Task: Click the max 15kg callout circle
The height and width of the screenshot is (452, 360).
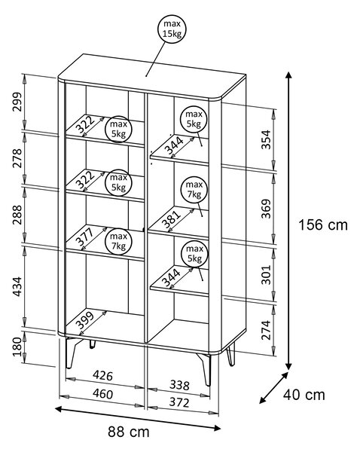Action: coord(172,29)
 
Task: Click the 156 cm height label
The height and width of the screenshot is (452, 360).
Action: coord(323,224)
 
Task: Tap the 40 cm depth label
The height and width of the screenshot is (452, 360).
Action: coord(304,395)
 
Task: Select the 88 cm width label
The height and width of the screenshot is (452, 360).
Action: coord(129,432)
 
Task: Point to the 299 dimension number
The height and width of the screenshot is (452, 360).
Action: coord(17,102)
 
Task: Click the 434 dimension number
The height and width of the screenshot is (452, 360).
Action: coord(17,286)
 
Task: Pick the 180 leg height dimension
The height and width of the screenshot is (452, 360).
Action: coord(17,347)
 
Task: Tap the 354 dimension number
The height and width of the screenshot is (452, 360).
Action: coord(266,140)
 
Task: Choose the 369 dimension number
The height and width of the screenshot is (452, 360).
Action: coord(266,209)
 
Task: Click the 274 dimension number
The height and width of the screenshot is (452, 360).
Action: coord(266,330)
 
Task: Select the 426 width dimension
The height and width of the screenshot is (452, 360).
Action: coord(102,375)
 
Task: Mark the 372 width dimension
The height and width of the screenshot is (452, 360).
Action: coord(179,402)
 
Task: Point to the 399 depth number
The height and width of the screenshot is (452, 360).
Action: coord(85,320)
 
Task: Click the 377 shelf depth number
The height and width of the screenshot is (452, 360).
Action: coord(85,237)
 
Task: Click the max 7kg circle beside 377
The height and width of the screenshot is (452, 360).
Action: coord(118,241)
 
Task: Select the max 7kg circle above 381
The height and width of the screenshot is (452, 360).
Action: coord(194,189)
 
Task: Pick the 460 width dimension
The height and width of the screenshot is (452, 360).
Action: coord(102,394)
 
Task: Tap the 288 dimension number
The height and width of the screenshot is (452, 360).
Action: coord(17,215)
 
